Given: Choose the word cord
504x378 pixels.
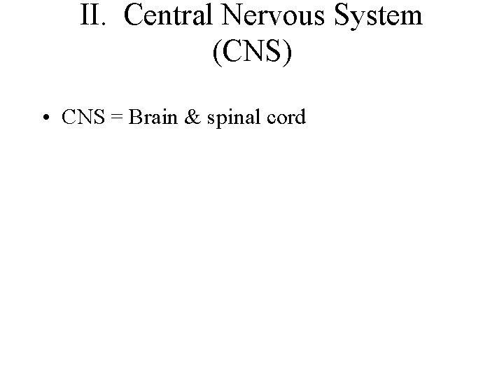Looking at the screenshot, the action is (284, 117).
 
